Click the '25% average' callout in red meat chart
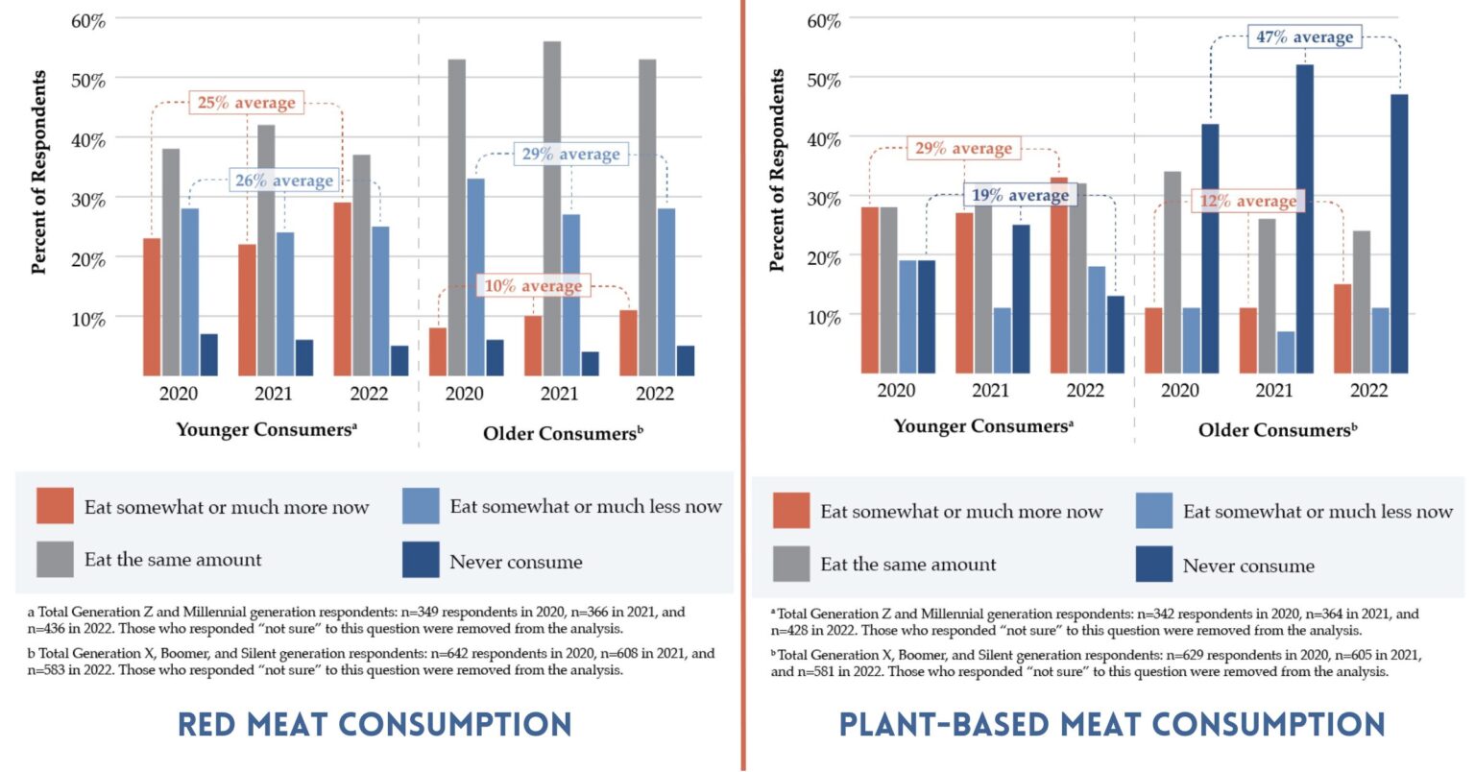[246, 103]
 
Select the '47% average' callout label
[1304, 37]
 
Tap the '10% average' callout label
[532, 286]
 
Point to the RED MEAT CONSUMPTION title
[375, 723]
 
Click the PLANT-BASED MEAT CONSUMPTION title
[1111, 723]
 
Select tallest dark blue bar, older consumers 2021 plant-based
[1304, 219]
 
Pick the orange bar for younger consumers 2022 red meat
[342, 288]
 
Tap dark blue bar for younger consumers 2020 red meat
[208, 354]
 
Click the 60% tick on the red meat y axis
[88, 21]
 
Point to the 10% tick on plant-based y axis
[824, 317]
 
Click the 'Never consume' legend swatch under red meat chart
[420, 560]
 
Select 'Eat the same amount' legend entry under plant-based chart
[907, 565]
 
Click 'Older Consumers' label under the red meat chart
[563, 433]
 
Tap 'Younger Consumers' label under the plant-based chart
[983, 426]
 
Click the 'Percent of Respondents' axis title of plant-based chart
[777, 170]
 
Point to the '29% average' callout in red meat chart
[570, 155]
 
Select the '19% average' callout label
[1019, 196]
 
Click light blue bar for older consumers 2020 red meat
[475, 277]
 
